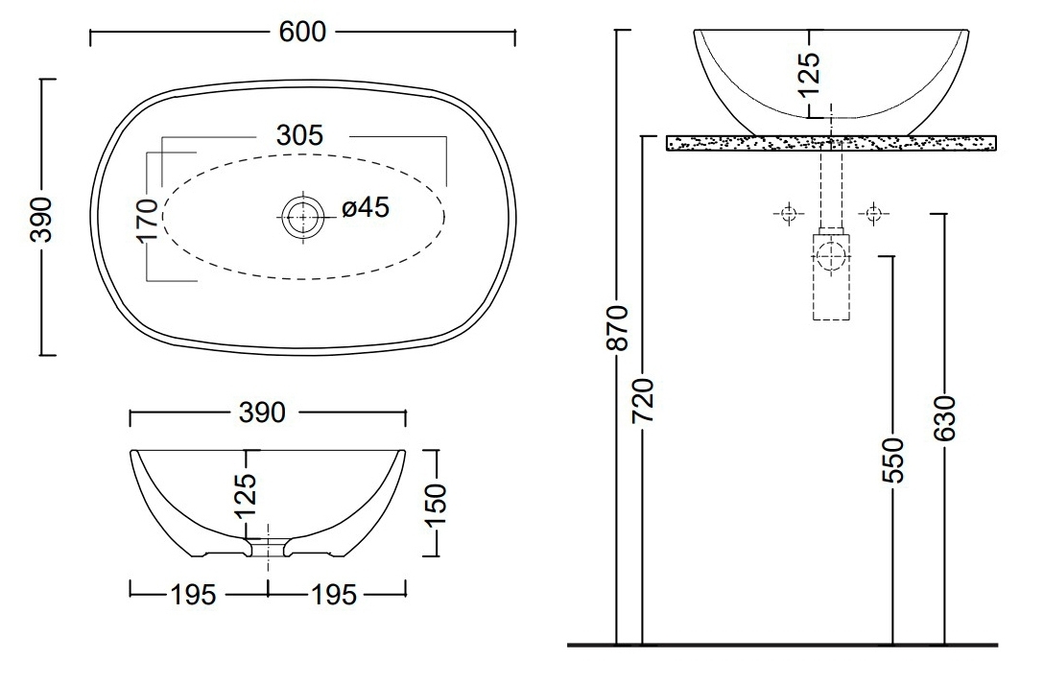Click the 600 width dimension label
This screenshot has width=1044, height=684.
[302, 32]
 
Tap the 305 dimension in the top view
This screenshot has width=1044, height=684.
[299, 135]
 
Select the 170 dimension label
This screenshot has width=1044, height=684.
[147, 220]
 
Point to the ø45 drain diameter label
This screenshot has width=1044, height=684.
[366, 207]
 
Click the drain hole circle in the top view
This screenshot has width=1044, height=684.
[303, 217]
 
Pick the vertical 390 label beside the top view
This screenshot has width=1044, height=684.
[41, 220]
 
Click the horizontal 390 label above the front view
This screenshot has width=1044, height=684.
[262, 413]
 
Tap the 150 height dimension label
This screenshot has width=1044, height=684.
[435, 505]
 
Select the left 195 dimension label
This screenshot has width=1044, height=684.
[194, 595]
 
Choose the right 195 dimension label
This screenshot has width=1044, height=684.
[334, 595]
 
